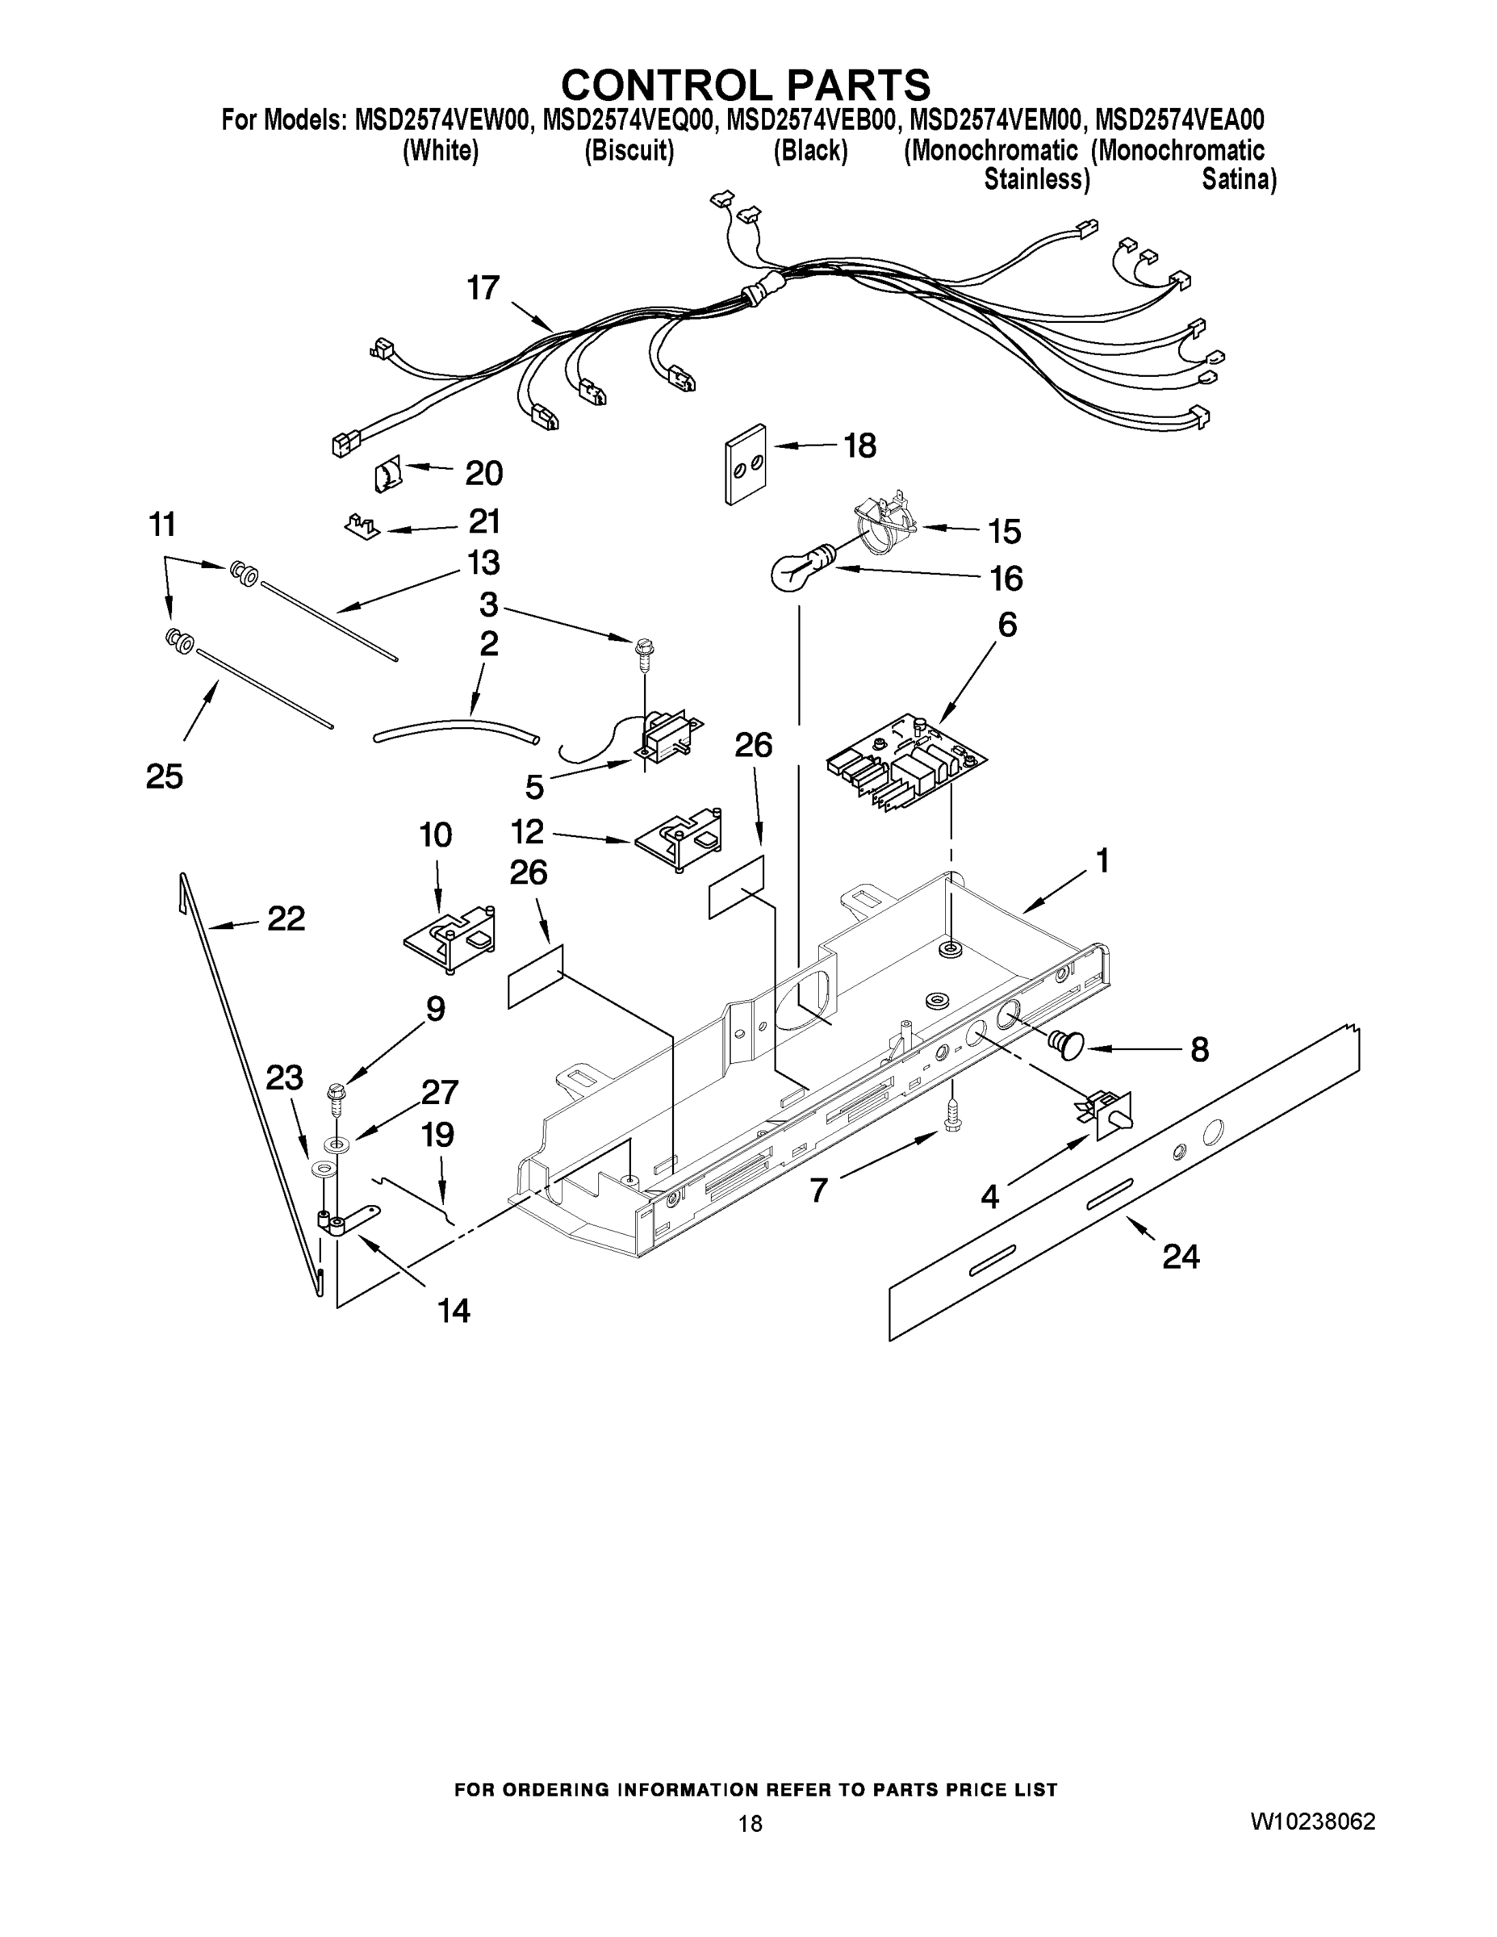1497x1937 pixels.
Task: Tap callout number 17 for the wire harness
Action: (483, 288)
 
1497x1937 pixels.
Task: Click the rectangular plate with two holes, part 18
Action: (745, 463)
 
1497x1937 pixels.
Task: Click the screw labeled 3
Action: (642, 652)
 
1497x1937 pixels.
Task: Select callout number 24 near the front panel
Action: (1181, 1257)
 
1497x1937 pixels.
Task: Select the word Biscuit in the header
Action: (629, 151)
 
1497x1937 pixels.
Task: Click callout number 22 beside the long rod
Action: (286, 918)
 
